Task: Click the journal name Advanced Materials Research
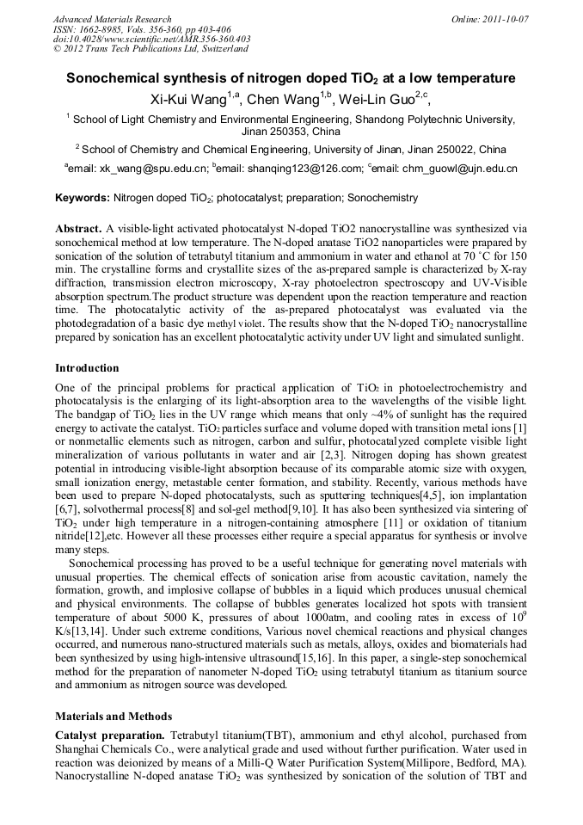pyautogui.click(x=112, y=19)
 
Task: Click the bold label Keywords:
pyautogui.click(x=83, y=198)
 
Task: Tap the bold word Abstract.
pyautogui.click(x=77, y=230)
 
